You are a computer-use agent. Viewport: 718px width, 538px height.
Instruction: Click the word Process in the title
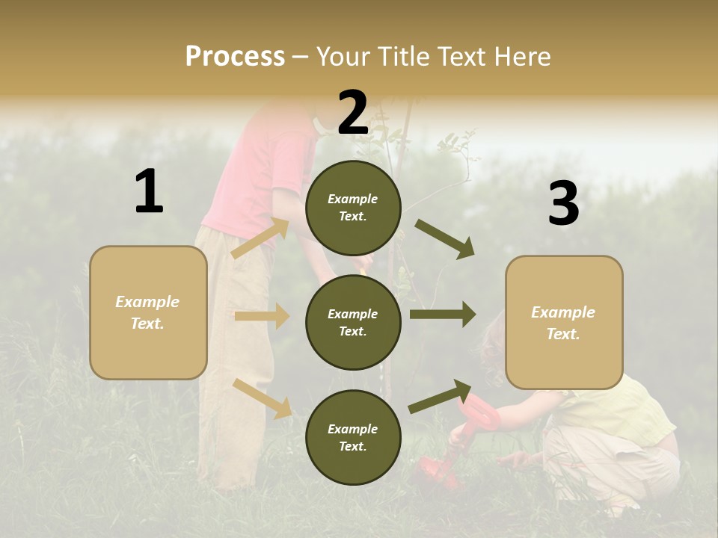tap(235, 57)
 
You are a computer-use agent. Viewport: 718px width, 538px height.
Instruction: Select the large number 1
tap(149, 192)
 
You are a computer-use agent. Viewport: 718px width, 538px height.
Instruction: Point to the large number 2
tap(353, 113)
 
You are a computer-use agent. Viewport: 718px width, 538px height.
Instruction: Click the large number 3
tap(563, 204)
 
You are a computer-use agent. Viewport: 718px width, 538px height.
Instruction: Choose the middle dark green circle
tap(353, 322)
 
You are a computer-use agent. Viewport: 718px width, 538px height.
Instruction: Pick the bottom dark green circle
tap(353, 437)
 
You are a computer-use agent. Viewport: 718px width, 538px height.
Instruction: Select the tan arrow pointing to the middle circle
tap(262, 316)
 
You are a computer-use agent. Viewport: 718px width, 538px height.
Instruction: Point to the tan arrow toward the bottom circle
tap(263, 398)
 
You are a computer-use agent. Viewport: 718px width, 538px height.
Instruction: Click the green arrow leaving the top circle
tap(445, 239)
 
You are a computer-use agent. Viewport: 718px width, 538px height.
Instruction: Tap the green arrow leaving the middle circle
tap(443, 314)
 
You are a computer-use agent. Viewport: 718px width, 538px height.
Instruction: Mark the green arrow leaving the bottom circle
tap(440, 397)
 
